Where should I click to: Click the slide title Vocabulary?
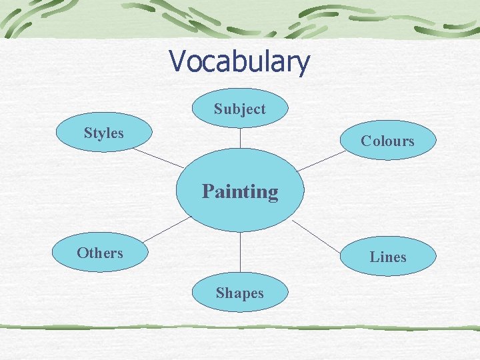(x=239, y=62)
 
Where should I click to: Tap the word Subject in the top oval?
(x=239, y=109)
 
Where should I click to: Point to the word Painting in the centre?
(x=240, y=192)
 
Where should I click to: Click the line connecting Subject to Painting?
(x=240, y=137)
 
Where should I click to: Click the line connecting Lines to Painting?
(x=317, y=234)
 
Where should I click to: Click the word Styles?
(x=104, y=133)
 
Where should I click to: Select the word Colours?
(x=387, y=141)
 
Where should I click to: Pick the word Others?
(x=100, y=253)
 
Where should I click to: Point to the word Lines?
(x=388, y=257)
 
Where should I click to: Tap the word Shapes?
(x=239, y=293)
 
